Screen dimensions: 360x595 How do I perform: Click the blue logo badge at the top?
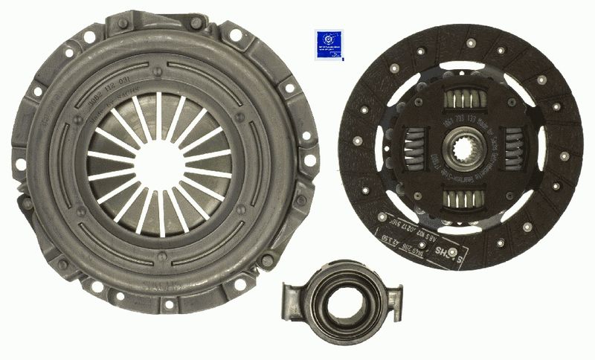tap(329, 43)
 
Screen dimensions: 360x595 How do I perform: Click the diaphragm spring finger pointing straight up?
tap(158, 115)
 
